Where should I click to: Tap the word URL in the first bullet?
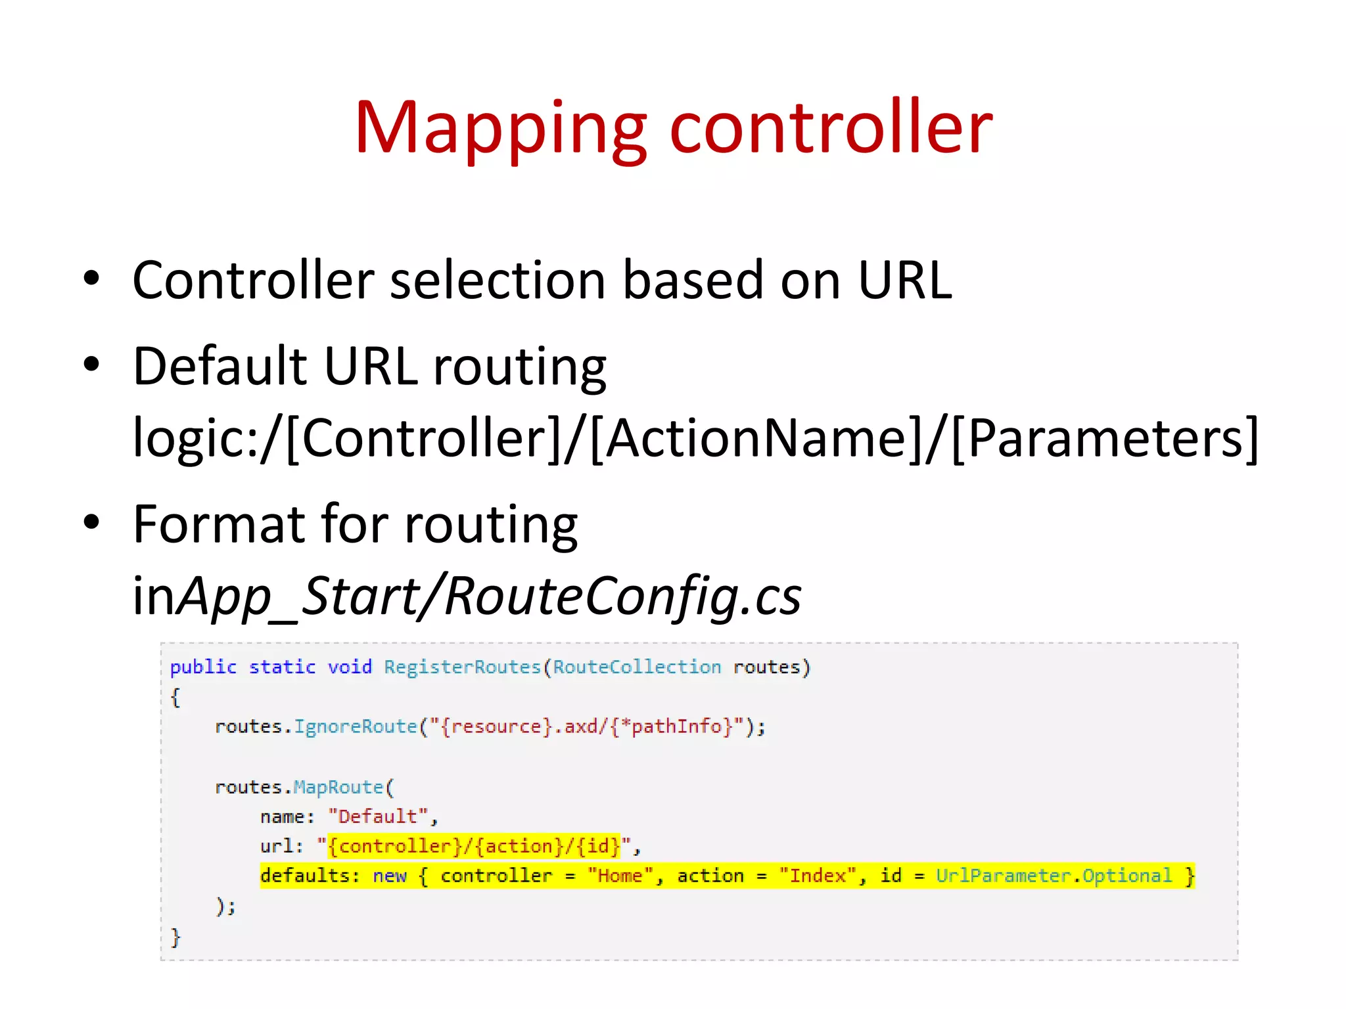point(905,280)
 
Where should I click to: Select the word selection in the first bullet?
point(497,280)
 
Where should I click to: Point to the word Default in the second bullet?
point(220,366)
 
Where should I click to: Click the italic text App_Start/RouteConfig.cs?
point(490,596)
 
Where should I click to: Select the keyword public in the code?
point(203,667)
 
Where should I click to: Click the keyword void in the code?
point(350,667)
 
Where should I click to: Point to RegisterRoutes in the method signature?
point(462,667)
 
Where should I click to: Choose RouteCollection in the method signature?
point(636,667)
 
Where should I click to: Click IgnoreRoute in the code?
point(355,727)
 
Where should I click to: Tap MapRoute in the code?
point(338,787)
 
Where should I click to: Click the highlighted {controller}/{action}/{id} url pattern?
point(473,846)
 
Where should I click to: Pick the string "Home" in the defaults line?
point(620,876)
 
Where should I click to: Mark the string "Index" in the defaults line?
point(817,876)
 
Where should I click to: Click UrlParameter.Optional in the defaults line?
point(1054,876)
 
